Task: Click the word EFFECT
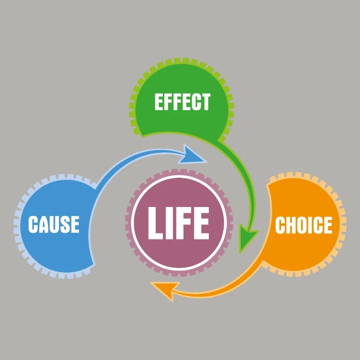[x=183, y=102]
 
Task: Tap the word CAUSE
[x=54, y=224]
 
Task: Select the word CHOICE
[x=304, y=225]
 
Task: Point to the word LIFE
[x=179, y=223]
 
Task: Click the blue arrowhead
[x=191, y=155]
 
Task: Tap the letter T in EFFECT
[x=205, y=102]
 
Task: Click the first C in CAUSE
[x=32, y=224]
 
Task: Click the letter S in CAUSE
[x=65, y=224]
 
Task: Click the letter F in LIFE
[x=183, y=223]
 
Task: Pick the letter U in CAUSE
[x=54, y=224]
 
